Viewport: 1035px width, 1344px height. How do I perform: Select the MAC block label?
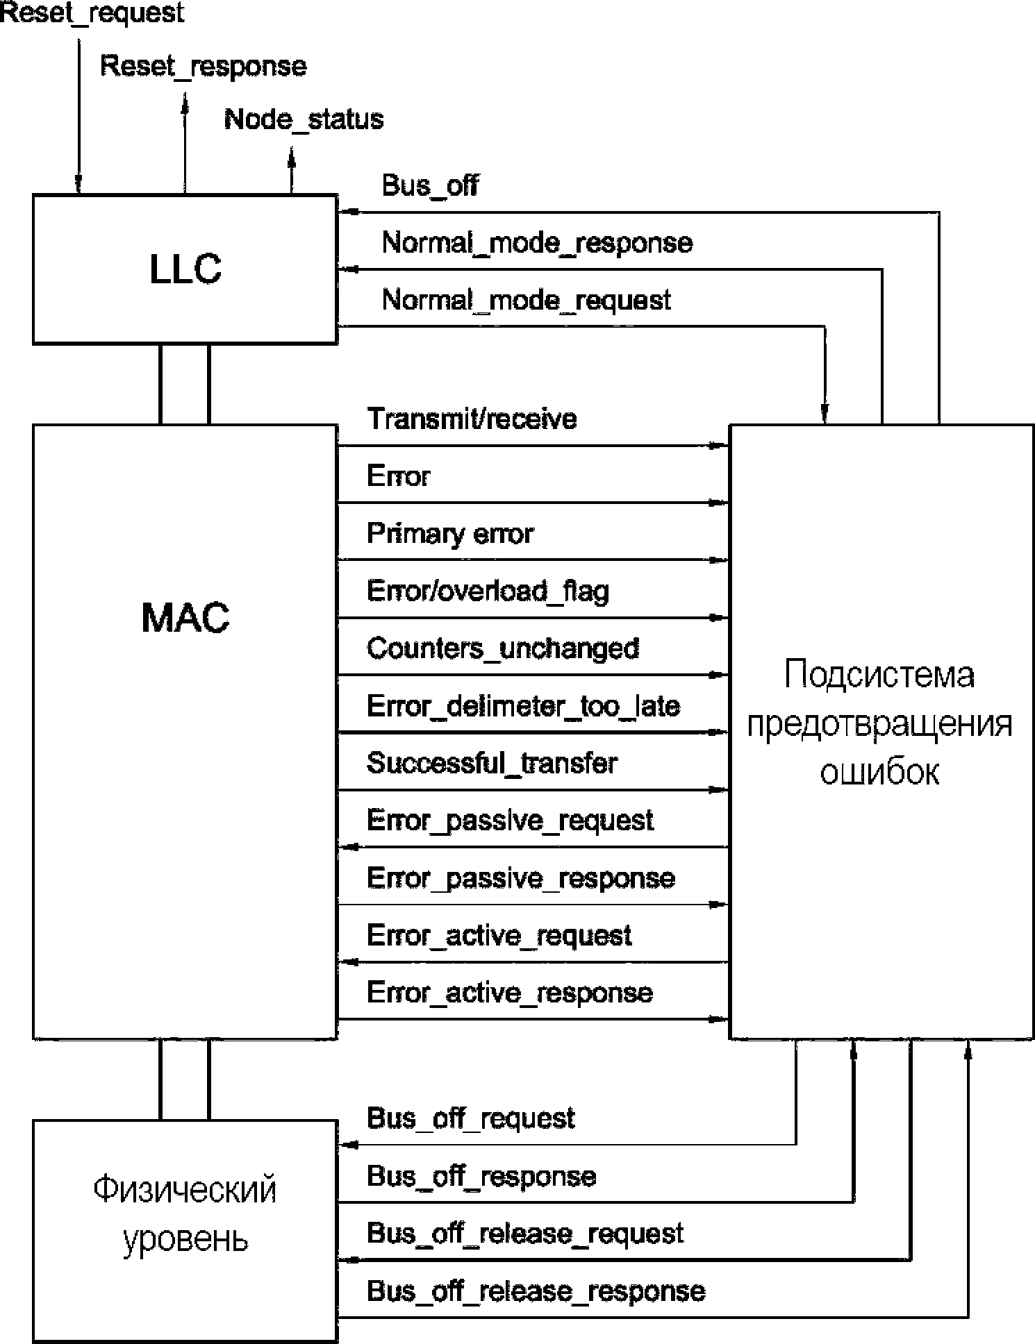pyautogui.click(x=185, y=617)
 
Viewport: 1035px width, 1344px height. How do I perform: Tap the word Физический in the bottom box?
pyautogui.click(x=185, y=1190)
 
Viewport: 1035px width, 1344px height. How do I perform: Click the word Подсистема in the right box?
pyautogui.click(x=879, y=675)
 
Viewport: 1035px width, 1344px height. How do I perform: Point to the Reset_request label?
pyautogui.click(x=92, y=13)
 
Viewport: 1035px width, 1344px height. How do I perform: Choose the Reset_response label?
pyautogui.click(x=204, y=67)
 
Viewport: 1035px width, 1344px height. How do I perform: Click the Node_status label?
pyautogui.click(x=304, y=119)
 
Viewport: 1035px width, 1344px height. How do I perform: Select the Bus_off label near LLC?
pyautogui.click(x=430, y=186)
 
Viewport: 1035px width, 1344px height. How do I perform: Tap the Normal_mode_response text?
pyautogui.click(x=537, y=243)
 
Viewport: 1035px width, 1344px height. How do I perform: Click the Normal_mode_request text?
pyautogui.click(x=527, y=301)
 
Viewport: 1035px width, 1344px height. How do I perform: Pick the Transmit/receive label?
pyautogui.click(x=472, y=419)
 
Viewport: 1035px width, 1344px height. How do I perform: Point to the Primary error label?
pyautogui.click(x=450, y=534)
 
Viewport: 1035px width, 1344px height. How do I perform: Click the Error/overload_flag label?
pyautogui.click(x=488, y=591)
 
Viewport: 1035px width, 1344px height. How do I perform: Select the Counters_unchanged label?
pyautogui.click(x=503, y=648)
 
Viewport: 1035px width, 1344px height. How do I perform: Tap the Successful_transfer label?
pyautogui.click(x=492, y=763)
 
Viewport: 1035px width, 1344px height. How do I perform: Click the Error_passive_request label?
pyautogui.click(x=510, y=821)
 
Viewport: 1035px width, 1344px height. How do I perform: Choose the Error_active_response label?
pyautogui.click(x=510, y=993)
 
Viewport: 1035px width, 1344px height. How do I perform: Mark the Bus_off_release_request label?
pyautogui.click(x=525, y=1234)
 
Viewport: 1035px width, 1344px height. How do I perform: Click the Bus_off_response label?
pyautogui.click(x=481, y=1177)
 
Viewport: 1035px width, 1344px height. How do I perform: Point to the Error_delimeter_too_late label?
pyautogui.click(x=523, y=706)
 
